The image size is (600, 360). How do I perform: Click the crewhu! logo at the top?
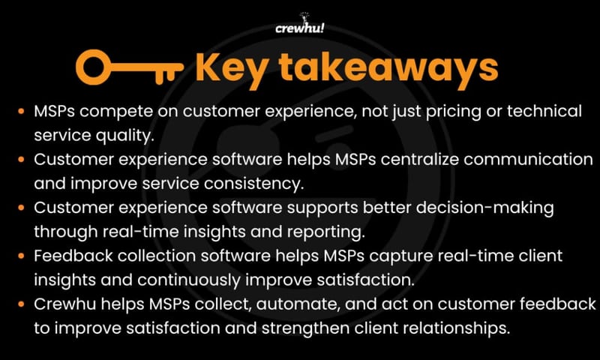tap(299, 28)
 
